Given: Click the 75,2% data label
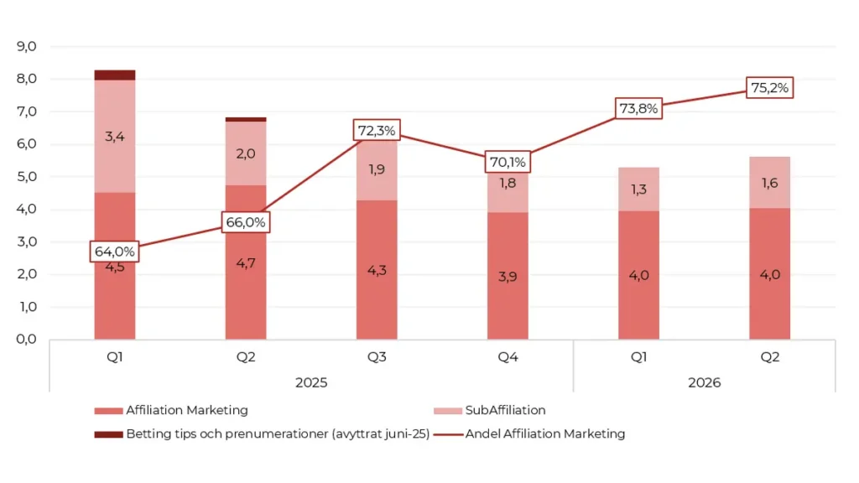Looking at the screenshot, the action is tap(769, 87).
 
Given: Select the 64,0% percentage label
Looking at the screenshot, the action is tap(114, 252).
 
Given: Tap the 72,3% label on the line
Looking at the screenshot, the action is tap(377, 130).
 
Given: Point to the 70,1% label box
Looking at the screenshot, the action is tap(508, 162).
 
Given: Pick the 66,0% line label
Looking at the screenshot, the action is tap(246, 222).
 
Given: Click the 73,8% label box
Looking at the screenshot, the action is tap(638, 108).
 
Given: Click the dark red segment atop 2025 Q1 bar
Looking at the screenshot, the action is tap(114, 75).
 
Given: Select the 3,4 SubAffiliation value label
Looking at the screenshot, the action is tap(114, 137).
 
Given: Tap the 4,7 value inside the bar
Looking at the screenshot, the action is tap(246, 263).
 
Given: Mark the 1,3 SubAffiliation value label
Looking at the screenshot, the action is tap(638, 190).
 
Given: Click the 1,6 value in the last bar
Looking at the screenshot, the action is tap(769, 183).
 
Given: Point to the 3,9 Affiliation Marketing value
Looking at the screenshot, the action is tap(508, 277).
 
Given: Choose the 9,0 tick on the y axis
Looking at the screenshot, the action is tap(26, 47).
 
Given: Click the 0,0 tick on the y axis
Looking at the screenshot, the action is tap(26, 339).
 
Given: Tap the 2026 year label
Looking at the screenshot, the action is tap(704, 382).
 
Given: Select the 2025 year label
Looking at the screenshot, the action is tap(311, 382).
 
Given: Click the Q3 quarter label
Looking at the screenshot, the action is tap(377, 357).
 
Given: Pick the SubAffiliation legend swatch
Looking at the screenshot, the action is tap(448, 411).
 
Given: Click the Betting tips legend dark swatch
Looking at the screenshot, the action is tap(108, 434).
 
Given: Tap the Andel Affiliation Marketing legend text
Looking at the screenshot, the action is tap(545, 434).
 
